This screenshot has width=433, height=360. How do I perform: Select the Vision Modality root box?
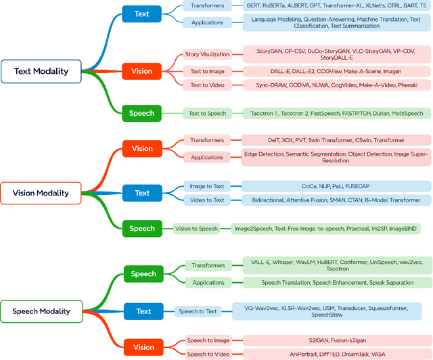pyautogui.click(x=41, y=193)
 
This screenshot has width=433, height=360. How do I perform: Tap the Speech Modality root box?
pyautogui.click(x=41, y=311)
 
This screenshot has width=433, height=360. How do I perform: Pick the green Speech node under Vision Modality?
pyautogui.click(x=142, y=229)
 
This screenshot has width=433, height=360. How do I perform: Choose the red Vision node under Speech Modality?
pyautogui.click(x=143, y=347)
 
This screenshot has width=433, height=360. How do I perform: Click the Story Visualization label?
pyautogui.click(x=207, y=54)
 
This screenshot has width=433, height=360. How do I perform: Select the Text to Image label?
pyautogui.click(x=207, y=70)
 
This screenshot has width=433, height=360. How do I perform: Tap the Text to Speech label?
pyautogui.click(x=207, y=113)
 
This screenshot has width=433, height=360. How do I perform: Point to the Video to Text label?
pyautogui.click(x=207, y=200)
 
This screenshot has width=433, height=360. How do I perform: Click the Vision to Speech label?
pyautogui.click(x=196, y=229)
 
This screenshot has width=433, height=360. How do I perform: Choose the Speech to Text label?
pyautogui.click(x=198, y=311)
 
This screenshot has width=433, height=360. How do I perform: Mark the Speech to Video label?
pyautogui.click(x=207, y=354)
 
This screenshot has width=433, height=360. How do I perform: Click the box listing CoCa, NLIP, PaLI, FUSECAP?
pyautogui.click(x=336, y=185)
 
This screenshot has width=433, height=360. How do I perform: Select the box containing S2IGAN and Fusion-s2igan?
pyautogui.click(x=336, y=340)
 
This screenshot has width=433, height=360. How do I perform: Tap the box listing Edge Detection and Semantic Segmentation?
pyautogui.click(x=336, y=158)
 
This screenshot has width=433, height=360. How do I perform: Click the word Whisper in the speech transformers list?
pyautogui.click(x=287, y=261)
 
